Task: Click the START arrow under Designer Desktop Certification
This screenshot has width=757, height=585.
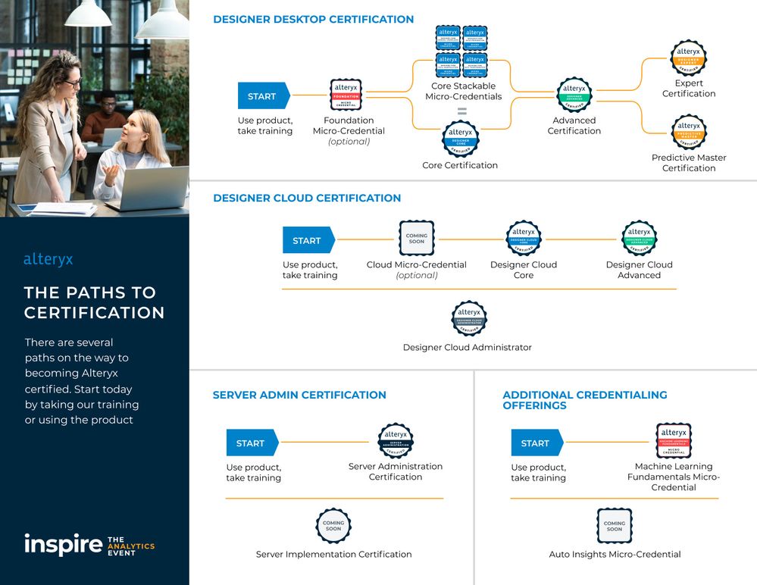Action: pyautogui.click(x=262, y=96)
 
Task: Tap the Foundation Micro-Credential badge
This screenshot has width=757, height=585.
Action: pyautogui.click(x=346, y=95)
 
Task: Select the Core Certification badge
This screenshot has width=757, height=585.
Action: pyautogui.click(x=461, y=139)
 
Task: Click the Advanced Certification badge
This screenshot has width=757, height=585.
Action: pyautogui.click(x=574, y=95)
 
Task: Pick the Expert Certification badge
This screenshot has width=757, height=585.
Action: pyautogui.click(x=689, y=58)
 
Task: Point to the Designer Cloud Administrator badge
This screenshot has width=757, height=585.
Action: pyautogui.click(x=469, y=319)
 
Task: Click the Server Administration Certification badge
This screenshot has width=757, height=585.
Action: pyautogui.click(x=396, y=441)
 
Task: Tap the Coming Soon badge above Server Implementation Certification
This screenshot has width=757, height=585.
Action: pyautogui.click(x=333, y=526)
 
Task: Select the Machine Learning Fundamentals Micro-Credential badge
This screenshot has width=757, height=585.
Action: pyautogui.click(x=674, y=440)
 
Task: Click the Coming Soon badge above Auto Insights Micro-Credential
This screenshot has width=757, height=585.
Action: pyautogui.click(x=615, y=526)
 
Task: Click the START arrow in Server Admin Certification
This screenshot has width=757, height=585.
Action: pyautogui.click(x=251, y=443)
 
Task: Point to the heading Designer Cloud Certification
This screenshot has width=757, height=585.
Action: pyautogui.click(x=307, y=198)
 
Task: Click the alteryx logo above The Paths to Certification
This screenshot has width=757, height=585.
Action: pyautogui.click(x=48, y=260)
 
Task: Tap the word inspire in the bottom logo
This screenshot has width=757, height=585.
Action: pyautogui.click(x=63, y=544)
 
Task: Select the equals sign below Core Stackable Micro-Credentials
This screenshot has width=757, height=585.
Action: pyautogui.click(x=461, y=111)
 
